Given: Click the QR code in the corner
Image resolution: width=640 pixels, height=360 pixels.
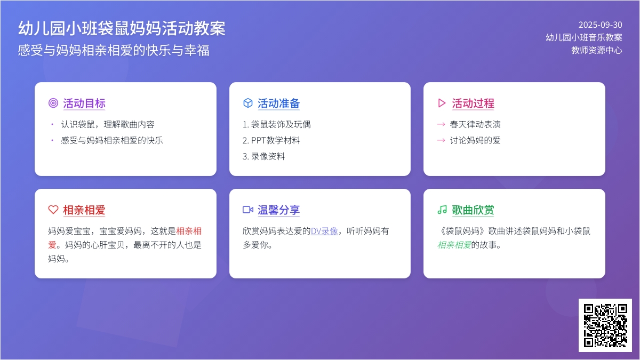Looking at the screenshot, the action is tap(605, 325).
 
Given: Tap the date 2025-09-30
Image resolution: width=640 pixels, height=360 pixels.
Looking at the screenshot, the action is tap(601, 25).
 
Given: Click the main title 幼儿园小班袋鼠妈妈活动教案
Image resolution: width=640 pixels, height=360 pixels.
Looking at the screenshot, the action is tap(122, 28).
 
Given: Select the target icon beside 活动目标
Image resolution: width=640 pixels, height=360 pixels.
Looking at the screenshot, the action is tap(53, 103).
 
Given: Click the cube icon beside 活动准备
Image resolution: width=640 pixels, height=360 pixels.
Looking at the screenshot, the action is tap(247, 103).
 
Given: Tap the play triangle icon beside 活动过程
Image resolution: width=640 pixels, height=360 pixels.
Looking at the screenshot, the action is tap(442, 103).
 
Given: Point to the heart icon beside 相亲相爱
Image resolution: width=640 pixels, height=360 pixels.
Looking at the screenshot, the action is tap(53, 210).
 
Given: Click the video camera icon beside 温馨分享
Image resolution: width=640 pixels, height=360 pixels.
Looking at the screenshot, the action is tap(247, 210).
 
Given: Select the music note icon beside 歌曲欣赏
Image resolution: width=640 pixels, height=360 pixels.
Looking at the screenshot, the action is tap(442, 210).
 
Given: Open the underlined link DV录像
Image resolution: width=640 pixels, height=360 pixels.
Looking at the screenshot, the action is tap(324, 231).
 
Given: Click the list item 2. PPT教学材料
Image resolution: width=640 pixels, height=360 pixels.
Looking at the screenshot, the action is tap(271, 140).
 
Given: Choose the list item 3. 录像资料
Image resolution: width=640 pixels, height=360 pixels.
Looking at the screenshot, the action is tap(263, 156).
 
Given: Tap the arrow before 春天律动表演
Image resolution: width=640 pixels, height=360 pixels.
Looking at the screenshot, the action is tap(441, 124).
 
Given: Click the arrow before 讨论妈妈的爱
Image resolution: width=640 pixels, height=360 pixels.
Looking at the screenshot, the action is tap(441, 140).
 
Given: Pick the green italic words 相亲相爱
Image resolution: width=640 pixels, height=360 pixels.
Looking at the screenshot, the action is tap(454, 245).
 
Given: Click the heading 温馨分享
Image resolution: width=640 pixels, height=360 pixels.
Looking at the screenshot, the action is tap(278, 210).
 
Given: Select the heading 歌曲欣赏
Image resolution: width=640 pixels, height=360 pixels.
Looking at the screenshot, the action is tap(473, 210).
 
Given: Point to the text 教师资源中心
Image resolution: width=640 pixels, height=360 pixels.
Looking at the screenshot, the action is tap(597, 50).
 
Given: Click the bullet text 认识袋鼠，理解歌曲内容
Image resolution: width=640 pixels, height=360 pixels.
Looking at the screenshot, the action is tap(108, 124).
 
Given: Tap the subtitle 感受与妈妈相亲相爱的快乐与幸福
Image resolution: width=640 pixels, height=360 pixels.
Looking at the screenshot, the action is tap(114, 50).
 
